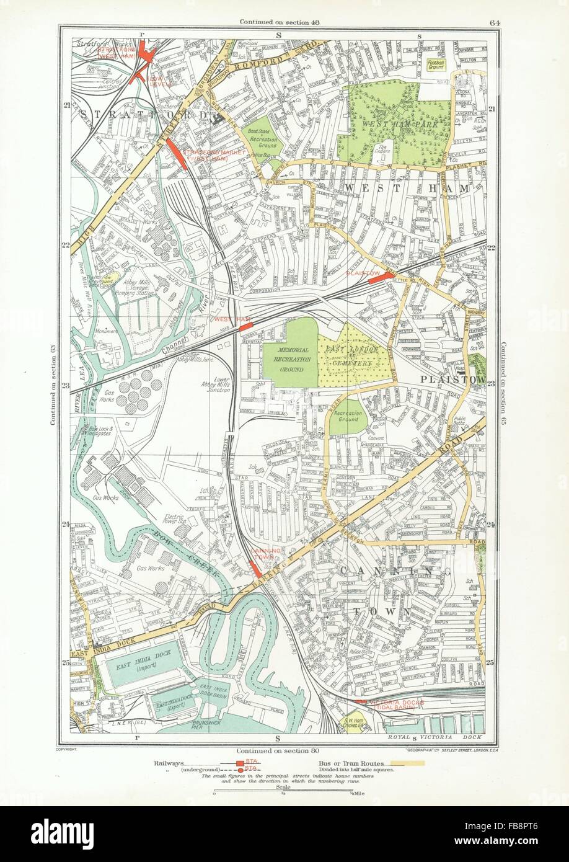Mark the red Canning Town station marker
click(254, 569)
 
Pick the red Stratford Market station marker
click(177, 153)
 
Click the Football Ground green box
click(438, 66)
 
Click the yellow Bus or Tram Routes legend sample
click(404, 763)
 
